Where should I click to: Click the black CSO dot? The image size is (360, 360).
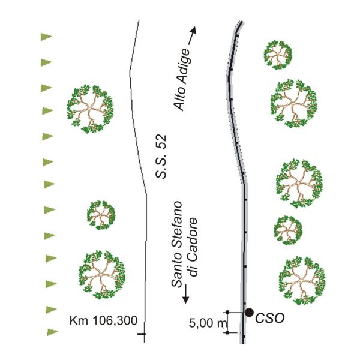pyautogui.click(x=248, y=312)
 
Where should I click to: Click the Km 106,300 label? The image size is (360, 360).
pyautogui.click(x=100, y=320)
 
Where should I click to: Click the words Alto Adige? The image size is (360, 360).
pyautogui.click(x=182, y=82)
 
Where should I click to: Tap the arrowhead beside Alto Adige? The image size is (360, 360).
pyautogui.click(x=193, y=31)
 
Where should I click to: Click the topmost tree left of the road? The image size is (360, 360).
pyautogui.click(x=90, y=109)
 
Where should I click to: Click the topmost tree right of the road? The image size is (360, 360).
pyautogui.click(x=278, y=55)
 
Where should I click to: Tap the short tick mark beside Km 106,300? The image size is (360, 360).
pyautogui.click(x=142, y=333)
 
